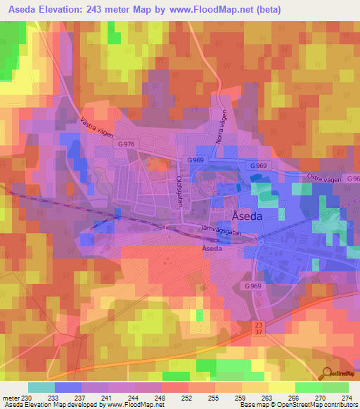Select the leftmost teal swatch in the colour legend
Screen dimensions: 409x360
point(41,387)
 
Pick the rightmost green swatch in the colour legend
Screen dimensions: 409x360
point(335,387)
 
